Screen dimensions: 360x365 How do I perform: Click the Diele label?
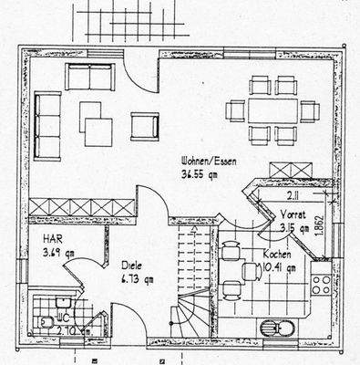coord(132,266)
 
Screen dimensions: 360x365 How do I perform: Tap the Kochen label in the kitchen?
coord(277,254)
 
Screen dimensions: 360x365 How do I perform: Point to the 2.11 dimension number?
coord(290,194)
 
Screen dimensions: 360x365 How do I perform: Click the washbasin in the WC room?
coord(61,302)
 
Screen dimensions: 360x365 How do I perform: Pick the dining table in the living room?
coord(273,110)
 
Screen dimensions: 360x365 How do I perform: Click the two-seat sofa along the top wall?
coord(89,78)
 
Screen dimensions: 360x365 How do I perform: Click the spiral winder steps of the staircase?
coord(195,315)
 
